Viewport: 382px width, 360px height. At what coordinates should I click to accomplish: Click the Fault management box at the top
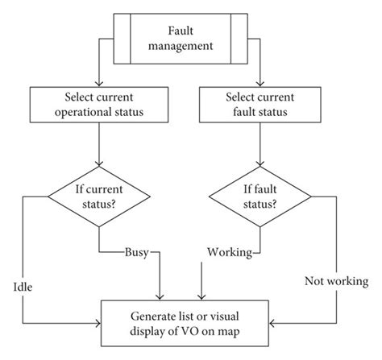click(191, 37)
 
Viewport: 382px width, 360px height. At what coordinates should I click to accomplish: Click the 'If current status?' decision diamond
click(97, 196)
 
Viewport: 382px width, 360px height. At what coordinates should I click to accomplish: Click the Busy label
click(135, 251)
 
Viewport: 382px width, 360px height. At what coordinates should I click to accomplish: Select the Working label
click(230, 252)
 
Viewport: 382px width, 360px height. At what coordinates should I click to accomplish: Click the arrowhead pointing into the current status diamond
click(97, 165)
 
